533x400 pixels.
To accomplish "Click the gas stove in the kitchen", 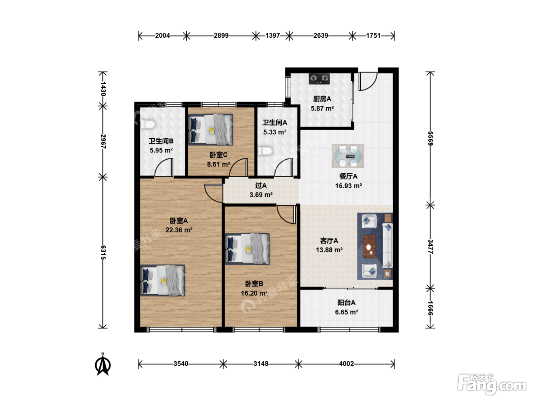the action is [319, 79].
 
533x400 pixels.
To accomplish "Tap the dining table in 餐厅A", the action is [348, 156].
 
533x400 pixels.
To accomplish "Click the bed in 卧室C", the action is [211, 130].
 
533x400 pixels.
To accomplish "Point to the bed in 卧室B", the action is [247, 249].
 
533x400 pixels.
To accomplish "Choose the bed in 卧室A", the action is [163, 280].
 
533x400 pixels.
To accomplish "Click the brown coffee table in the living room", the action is [369, 246].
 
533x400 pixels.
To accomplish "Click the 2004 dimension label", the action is [163, 36].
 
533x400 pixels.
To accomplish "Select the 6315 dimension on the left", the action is [103, 253].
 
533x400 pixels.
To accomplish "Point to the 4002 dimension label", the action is [346, 363].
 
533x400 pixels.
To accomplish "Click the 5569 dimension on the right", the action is [430, 138].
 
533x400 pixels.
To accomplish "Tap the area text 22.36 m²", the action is [179, 230].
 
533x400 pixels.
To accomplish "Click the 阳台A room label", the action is [346, 302].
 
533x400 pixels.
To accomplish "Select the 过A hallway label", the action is [261, 186].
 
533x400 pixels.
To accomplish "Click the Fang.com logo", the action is [492, 384].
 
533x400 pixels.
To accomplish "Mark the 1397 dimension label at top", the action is [273, 36].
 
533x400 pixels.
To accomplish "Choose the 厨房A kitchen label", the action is [322, 99].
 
